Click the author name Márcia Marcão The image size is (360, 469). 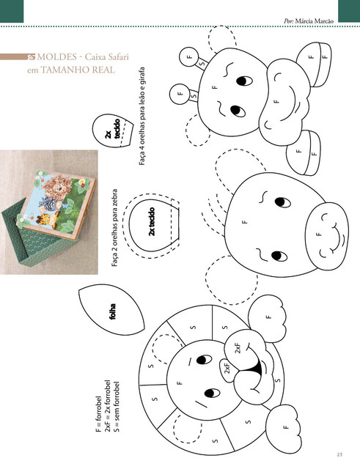tap(315, 21)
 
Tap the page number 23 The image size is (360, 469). tap(339, 455)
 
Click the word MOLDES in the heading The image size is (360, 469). tap(57, 56)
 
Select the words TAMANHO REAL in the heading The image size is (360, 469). tap(78, 70)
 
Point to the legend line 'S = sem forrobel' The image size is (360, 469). tap(117, 407)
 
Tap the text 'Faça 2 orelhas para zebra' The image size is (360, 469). tap(114, 228)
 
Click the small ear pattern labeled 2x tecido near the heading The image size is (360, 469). tap(112, 131)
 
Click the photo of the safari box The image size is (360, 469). tap(49, 212)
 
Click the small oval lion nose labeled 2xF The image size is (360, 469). tap(227, 370)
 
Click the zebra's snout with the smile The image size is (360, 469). tap(327, 234)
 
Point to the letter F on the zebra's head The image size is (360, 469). tap(245, 222)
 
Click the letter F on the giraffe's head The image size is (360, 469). tap(214, 87)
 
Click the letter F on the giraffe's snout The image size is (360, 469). tap(276, 101)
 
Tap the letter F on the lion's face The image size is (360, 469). tap(180, 383)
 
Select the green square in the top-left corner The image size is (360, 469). tap(12, 11)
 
